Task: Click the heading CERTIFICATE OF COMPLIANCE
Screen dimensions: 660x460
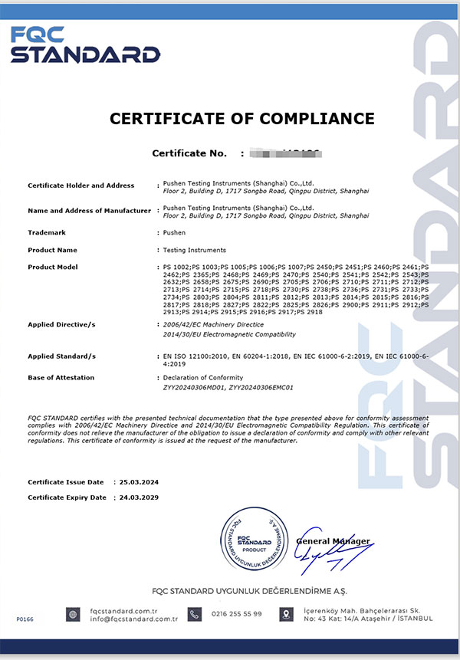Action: [242, 119]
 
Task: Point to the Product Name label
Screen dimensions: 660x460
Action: [52, 250]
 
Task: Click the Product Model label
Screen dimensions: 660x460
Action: [54, 267]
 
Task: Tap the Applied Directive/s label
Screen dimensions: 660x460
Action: [61, 325]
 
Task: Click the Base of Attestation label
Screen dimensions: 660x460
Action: [61, 377]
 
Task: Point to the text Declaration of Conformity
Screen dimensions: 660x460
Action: [202, 377]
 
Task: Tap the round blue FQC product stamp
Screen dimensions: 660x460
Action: [253, 542]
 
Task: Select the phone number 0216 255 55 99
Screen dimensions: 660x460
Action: [236, 613]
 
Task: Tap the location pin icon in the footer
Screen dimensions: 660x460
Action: [286, 614]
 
